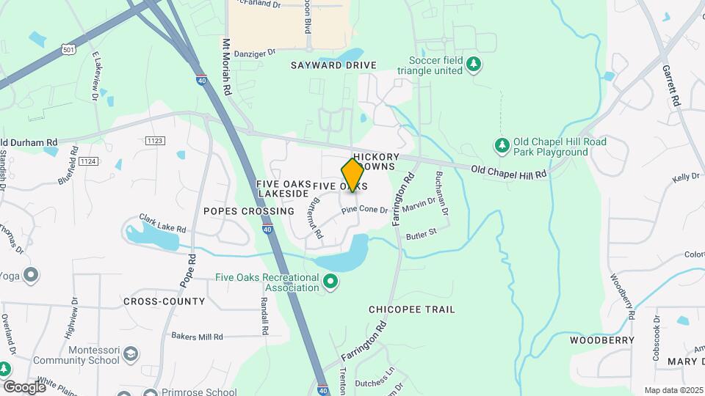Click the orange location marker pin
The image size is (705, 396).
point(352,175)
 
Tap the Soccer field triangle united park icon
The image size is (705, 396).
point(474,65)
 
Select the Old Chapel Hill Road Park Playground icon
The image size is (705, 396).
point(502,146)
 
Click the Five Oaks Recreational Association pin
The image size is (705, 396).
point(330,281)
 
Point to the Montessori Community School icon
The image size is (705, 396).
point(130,355)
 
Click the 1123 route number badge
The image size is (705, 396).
point(154,140)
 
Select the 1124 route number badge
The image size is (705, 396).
point(88,161)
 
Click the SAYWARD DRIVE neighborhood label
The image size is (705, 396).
point(333,65)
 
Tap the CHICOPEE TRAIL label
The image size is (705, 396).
point(412,309)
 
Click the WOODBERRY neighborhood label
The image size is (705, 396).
point(602,340)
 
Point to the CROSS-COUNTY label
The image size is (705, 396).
point(164,301)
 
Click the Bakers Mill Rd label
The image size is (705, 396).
point(197,337)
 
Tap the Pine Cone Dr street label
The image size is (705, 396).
point(364,210)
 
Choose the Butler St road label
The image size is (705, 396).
point(422,234)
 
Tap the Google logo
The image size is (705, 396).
point(23,386)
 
